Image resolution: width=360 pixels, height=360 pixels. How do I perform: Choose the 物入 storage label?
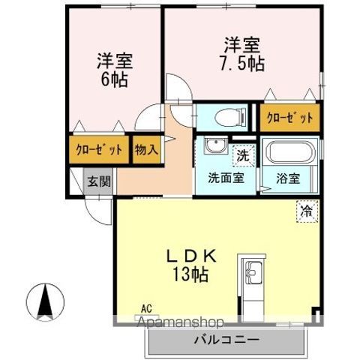pos(146,149)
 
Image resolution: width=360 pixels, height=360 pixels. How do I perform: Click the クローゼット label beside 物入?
pos(99,149)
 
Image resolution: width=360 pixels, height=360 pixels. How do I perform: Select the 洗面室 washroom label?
pos(225,180)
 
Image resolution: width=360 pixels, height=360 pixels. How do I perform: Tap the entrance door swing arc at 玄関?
pos(97,210)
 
